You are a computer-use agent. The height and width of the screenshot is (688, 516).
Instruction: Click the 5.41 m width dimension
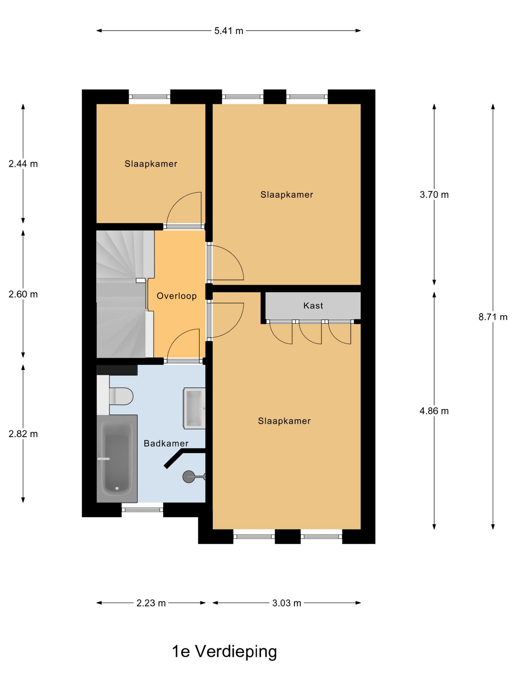click(x=228, y=31)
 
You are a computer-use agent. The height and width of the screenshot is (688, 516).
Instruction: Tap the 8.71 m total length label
click(x=493, y=317)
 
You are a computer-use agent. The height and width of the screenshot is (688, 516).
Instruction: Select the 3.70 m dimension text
click(x=434, y=195)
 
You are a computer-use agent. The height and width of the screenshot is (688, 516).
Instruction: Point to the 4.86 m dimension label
click(x=434, y=411)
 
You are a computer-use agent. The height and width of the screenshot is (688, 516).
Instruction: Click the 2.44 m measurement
click(x=23, y=164)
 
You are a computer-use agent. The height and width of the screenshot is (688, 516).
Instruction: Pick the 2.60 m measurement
click(x=23, y=294)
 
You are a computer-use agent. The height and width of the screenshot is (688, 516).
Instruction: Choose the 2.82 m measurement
click(x=23, y=434)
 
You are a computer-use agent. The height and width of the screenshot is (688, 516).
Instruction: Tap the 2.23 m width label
click(x=151, y=603)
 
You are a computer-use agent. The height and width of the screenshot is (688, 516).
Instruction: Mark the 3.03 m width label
click(x=287, y=603)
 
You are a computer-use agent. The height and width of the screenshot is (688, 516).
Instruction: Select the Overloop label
click(x=177, y=296)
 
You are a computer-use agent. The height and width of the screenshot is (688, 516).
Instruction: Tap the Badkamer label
click(x=166, y=444)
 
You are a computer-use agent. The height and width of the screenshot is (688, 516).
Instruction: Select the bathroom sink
click(x=194, y=408)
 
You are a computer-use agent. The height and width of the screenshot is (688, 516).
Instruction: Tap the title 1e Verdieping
click(x=224, y=652)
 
